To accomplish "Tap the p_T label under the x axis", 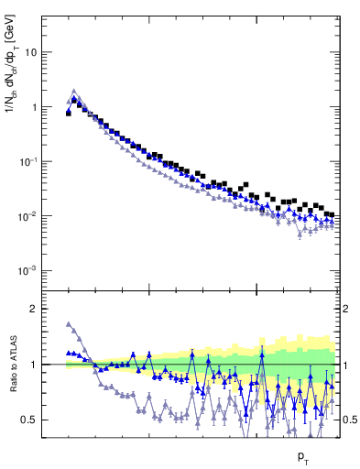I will point(303,455).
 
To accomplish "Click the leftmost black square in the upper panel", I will point(69,114).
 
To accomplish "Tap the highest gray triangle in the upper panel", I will point(74,92).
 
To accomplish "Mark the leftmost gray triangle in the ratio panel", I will point(69,324).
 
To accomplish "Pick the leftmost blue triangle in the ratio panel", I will point(69,353).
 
